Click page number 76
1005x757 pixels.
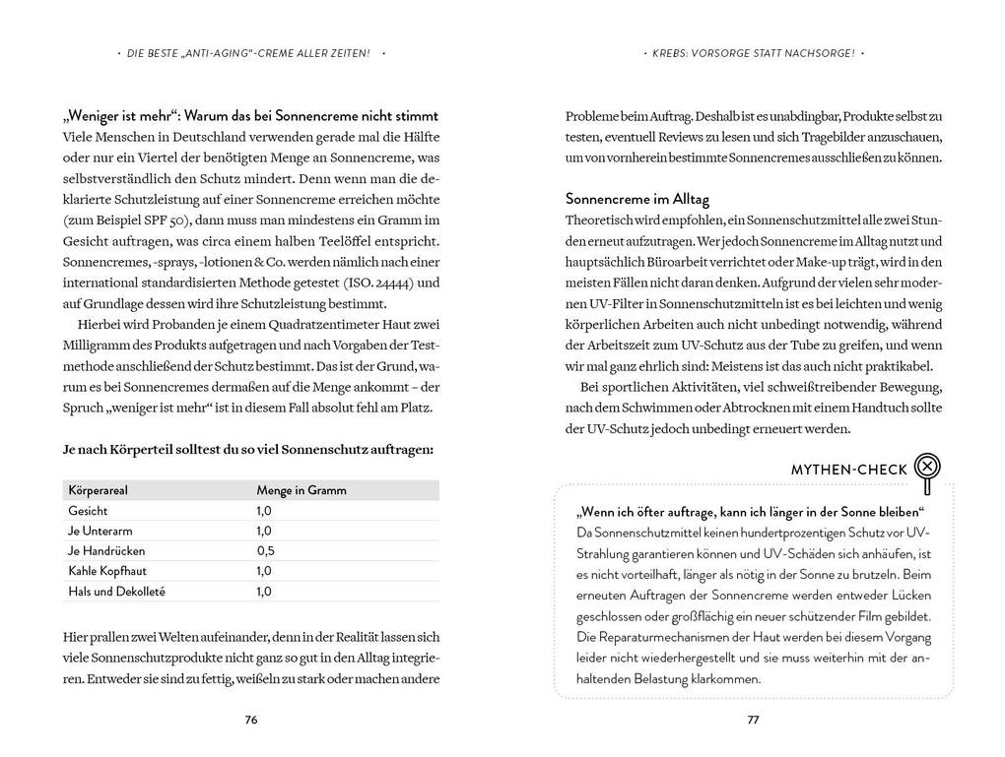251,720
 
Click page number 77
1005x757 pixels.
753,720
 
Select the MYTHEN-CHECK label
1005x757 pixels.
849,470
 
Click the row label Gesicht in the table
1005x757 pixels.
88,511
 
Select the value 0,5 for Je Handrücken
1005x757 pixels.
265,550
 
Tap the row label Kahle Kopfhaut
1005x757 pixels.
101,570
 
